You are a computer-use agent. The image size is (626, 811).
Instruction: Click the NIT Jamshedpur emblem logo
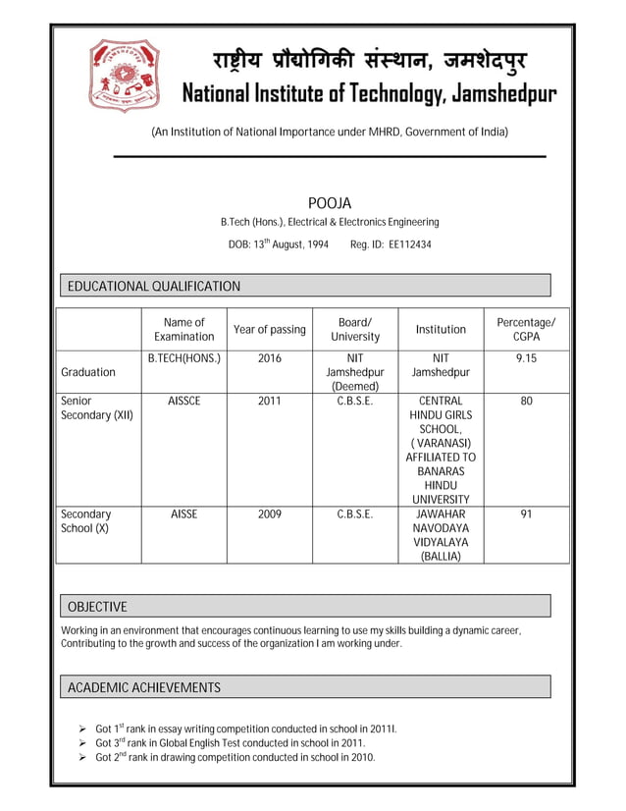tap(124, 75)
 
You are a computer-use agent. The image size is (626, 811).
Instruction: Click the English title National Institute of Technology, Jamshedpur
tap(370, 94)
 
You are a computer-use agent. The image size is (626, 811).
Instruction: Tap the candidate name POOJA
tap(329, 203)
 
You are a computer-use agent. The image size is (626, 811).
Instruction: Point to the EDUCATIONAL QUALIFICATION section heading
tap(153, 286)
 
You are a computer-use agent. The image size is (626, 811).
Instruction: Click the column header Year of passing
tap(269, 329)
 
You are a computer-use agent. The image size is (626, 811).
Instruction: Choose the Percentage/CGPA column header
tap(526, 329)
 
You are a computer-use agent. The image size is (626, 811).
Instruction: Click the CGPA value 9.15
tap(526, 359)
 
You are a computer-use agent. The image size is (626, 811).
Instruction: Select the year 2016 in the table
tap(269, 359)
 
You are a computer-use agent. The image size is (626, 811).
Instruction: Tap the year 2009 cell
tap(269, 514)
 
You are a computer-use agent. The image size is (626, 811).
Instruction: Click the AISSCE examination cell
tap(183, 402)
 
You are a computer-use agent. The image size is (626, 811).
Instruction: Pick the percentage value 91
tap(526, 514)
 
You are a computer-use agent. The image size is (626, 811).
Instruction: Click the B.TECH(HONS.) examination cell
tap(183, 359)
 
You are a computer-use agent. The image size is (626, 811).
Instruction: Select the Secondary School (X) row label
tap(86, 520)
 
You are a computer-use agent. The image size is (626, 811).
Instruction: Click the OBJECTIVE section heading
tap(96, 606)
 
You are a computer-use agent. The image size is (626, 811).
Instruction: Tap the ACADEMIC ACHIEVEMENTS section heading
tap(143, 687)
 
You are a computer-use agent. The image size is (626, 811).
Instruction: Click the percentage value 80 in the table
tap(526, 402)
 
